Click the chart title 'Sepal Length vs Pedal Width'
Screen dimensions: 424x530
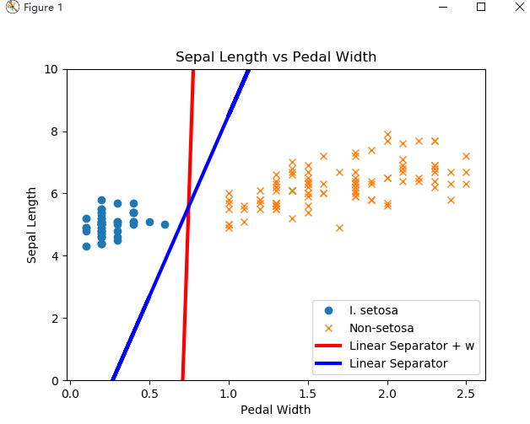coord(275,57)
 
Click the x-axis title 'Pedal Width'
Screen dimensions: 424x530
coord(275,410)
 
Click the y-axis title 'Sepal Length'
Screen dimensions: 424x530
coord(32,225)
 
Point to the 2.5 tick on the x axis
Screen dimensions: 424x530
coord(466,392)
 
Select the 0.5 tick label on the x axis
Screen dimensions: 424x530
coord(149,392)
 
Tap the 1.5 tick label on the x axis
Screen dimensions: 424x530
coord(307,392)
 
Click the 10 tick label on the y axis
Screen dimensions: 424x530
coord(51,69)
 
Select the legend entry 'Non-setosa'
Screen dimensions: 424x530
coord(381,328)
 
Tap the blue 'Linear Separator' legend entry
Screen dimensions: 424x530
coord(397,363)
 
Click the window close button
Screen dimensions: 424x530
coord(519,7)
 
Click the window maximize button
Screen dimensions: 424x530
coord(481,7)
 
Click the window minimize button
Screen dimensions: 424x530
coord(443,7)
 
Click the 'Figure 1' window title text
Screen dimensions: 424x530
coord(42,8)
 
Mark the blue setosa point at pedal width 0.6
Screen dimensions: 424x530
coord(165,225)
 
